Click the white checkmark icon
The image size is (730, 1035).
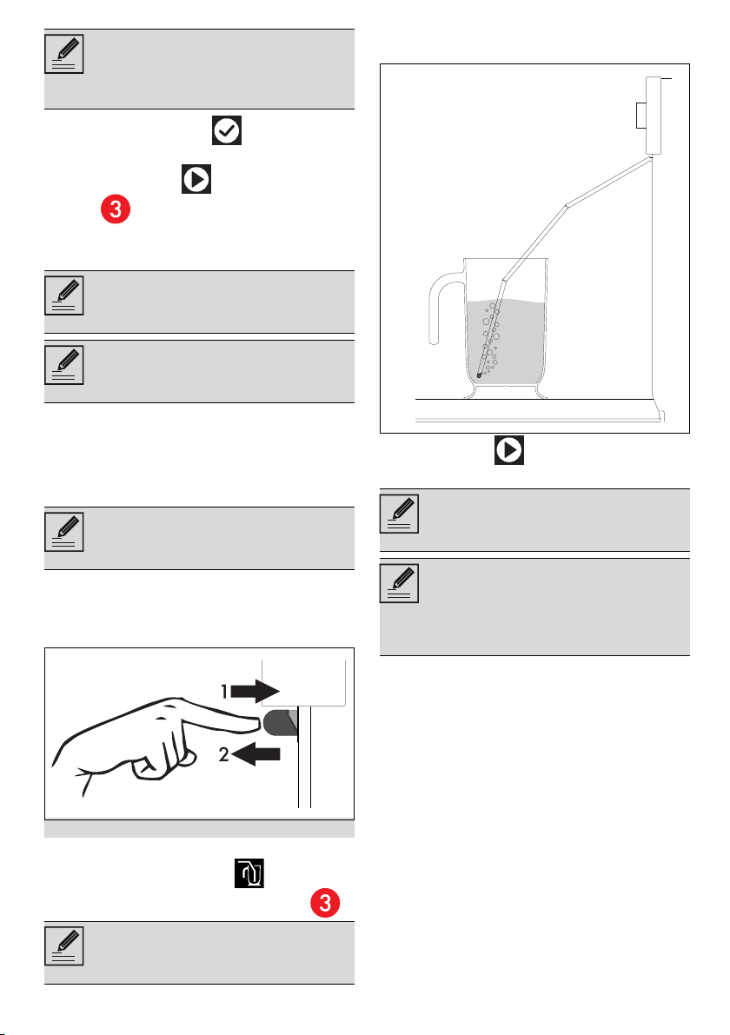(227, 130)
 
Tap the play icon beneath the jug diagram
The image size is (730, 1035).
(509, 449)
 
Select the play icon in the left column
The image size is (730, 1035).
(196, 179)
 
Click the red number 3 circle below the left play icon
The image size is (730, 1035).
(116, 209)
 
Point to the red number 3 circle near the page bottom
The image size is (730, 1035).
(325, 903)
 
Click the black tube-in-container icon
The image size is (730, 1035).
(249, 873)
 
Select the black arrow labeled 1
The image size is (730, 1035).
(255, 691)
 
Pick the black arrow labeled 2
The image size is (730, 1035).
(256, 753)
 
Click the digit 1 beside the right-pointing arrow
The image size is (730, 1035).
(223, 691)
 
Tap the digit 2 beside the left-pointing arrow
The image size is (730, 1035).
(223, 753)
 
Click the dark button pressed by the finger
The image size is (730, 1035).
(281, 723)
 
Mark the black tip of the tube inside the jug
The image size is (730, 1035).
(479, 375)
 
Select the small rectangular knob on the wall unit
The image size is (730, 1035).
(640, 115)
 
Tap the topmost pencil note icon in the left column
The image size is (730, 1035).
(64, 54)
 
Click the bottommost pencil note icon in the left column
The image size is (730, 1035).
(64, 945)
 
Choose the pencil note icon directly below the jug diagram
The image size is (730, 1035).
(399, 514)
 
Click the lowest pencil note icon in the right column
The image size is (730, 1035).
(399, 583)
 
